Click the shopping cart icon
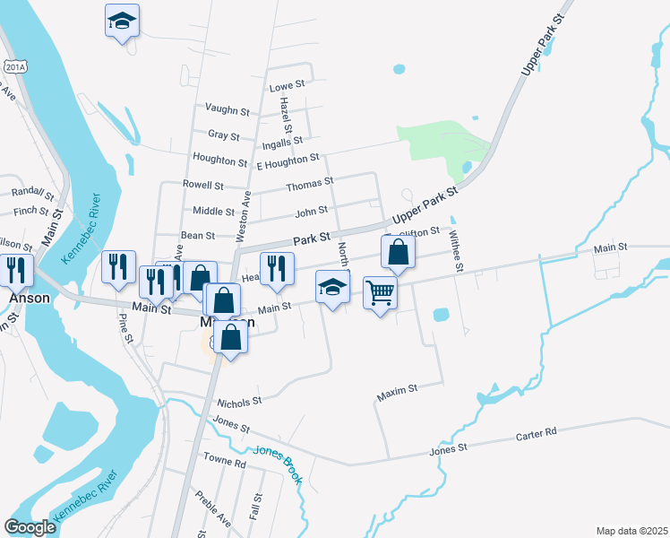point(381,291)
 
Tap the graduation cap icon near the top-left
point(123,20)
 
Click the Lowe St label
point(288,85)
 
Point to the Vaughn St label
point(227,110)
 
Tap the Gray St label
point(223,136)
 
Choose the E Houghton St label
point(288,161)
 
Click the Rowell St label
point(202,186)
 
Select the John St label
point(311,212)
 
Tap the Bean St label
point(198,236)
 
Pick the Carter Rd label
point(536,432)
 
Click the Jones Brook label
point(278,464)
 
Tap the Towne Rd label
point(224,463)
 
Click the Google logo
point(30,527)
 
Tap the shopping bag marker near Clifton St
point(398,252)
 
